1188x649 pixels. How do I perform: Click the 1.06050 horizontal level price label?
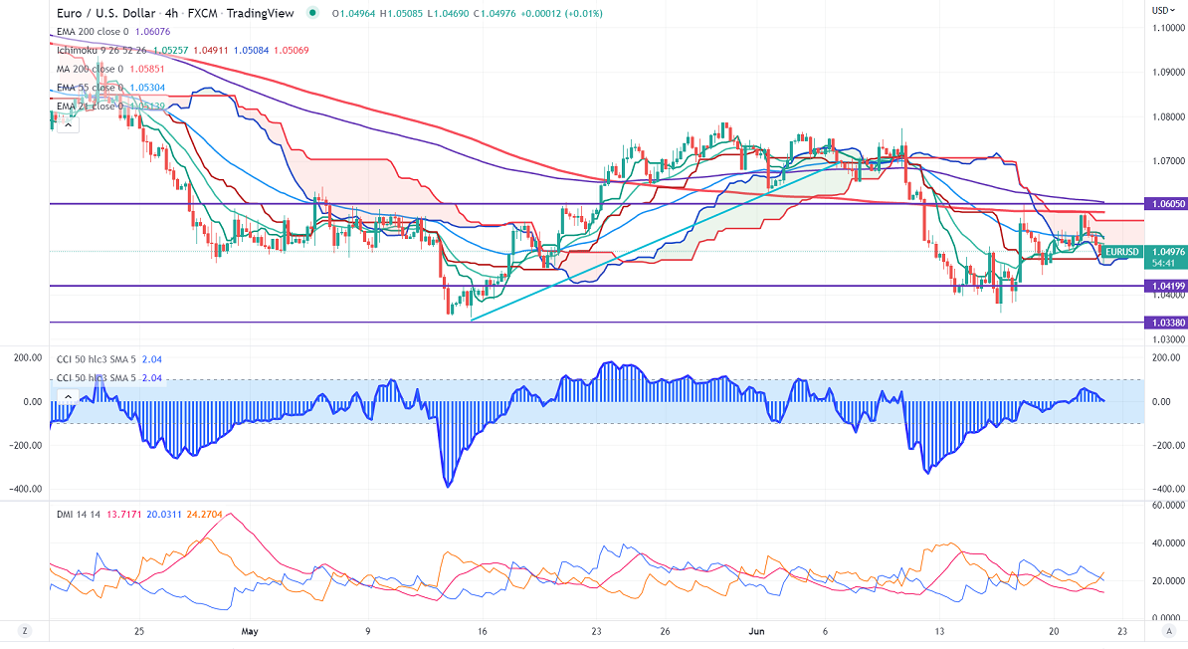point(1165,204)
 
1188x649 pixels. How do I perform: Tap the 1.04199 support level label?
point(1165,287)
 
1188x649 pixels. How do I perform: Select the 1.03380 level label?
point(1165,323)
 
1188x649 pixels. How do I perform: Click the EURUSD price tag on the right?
point(1122,252)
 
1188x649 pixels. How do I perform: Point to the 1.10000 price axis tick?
point(1167,28)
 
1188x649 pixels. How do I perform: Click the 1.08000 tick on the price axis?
point(1167,116)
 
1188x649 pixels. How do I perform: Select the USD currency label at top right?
point(1160,10)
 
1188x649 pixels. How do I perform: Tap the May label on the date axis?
point(250,631)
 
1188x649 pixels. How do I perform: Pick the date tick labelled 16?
point(482,631)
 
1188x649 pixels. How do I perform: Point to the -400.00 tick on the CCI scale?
point(1165,489)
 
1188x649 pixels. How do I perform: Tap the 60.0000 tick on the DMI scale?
point(1167,506)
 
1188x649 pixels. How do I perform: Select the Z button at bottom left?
point(23,631)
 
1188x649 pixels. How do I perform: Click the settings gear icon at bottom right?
point(1165,631)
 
